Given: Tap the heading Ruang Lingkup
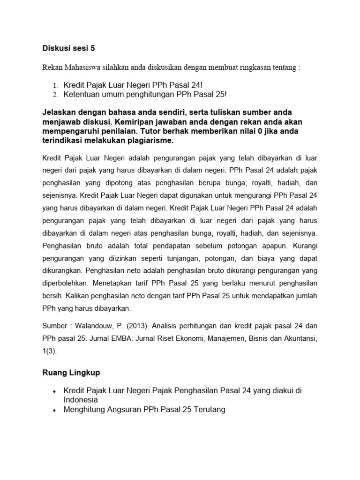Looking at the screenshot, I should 71,373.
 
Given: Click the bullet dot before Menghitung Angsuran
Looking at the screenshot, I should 55,410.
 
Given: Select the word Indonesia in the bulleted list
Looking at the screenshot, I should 81,400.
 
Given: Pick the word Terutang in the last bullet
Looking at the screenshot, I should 207,410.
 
